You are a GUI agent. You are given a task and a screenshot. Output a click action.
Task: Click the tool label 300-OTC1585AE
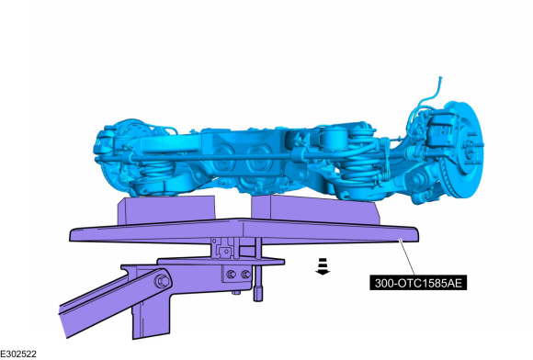click(x=418, y=283)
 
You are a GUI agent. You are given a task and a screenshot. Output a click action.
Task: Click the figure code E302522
click(x=18, y=354)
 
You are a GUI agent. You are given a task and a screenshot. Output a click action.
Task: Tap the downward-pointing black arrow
click(x=323, y=266)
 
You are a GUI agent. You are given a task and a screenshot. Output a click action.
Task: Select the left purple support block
click(x=166, y=209)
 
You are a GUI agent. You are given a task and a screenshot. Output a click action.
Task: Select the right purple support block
click(x=314, y=209)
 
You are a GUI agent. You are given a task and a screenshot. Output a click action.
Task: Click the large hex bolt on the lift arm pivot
click(x=162, y=281)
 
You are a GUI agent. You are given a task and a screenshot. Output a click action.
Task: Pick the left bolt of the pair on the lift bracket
click(x=232, y=274)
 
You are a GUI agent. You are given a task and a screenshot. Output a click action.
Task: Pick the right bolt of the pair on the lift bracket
click(x=244, y=274)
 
